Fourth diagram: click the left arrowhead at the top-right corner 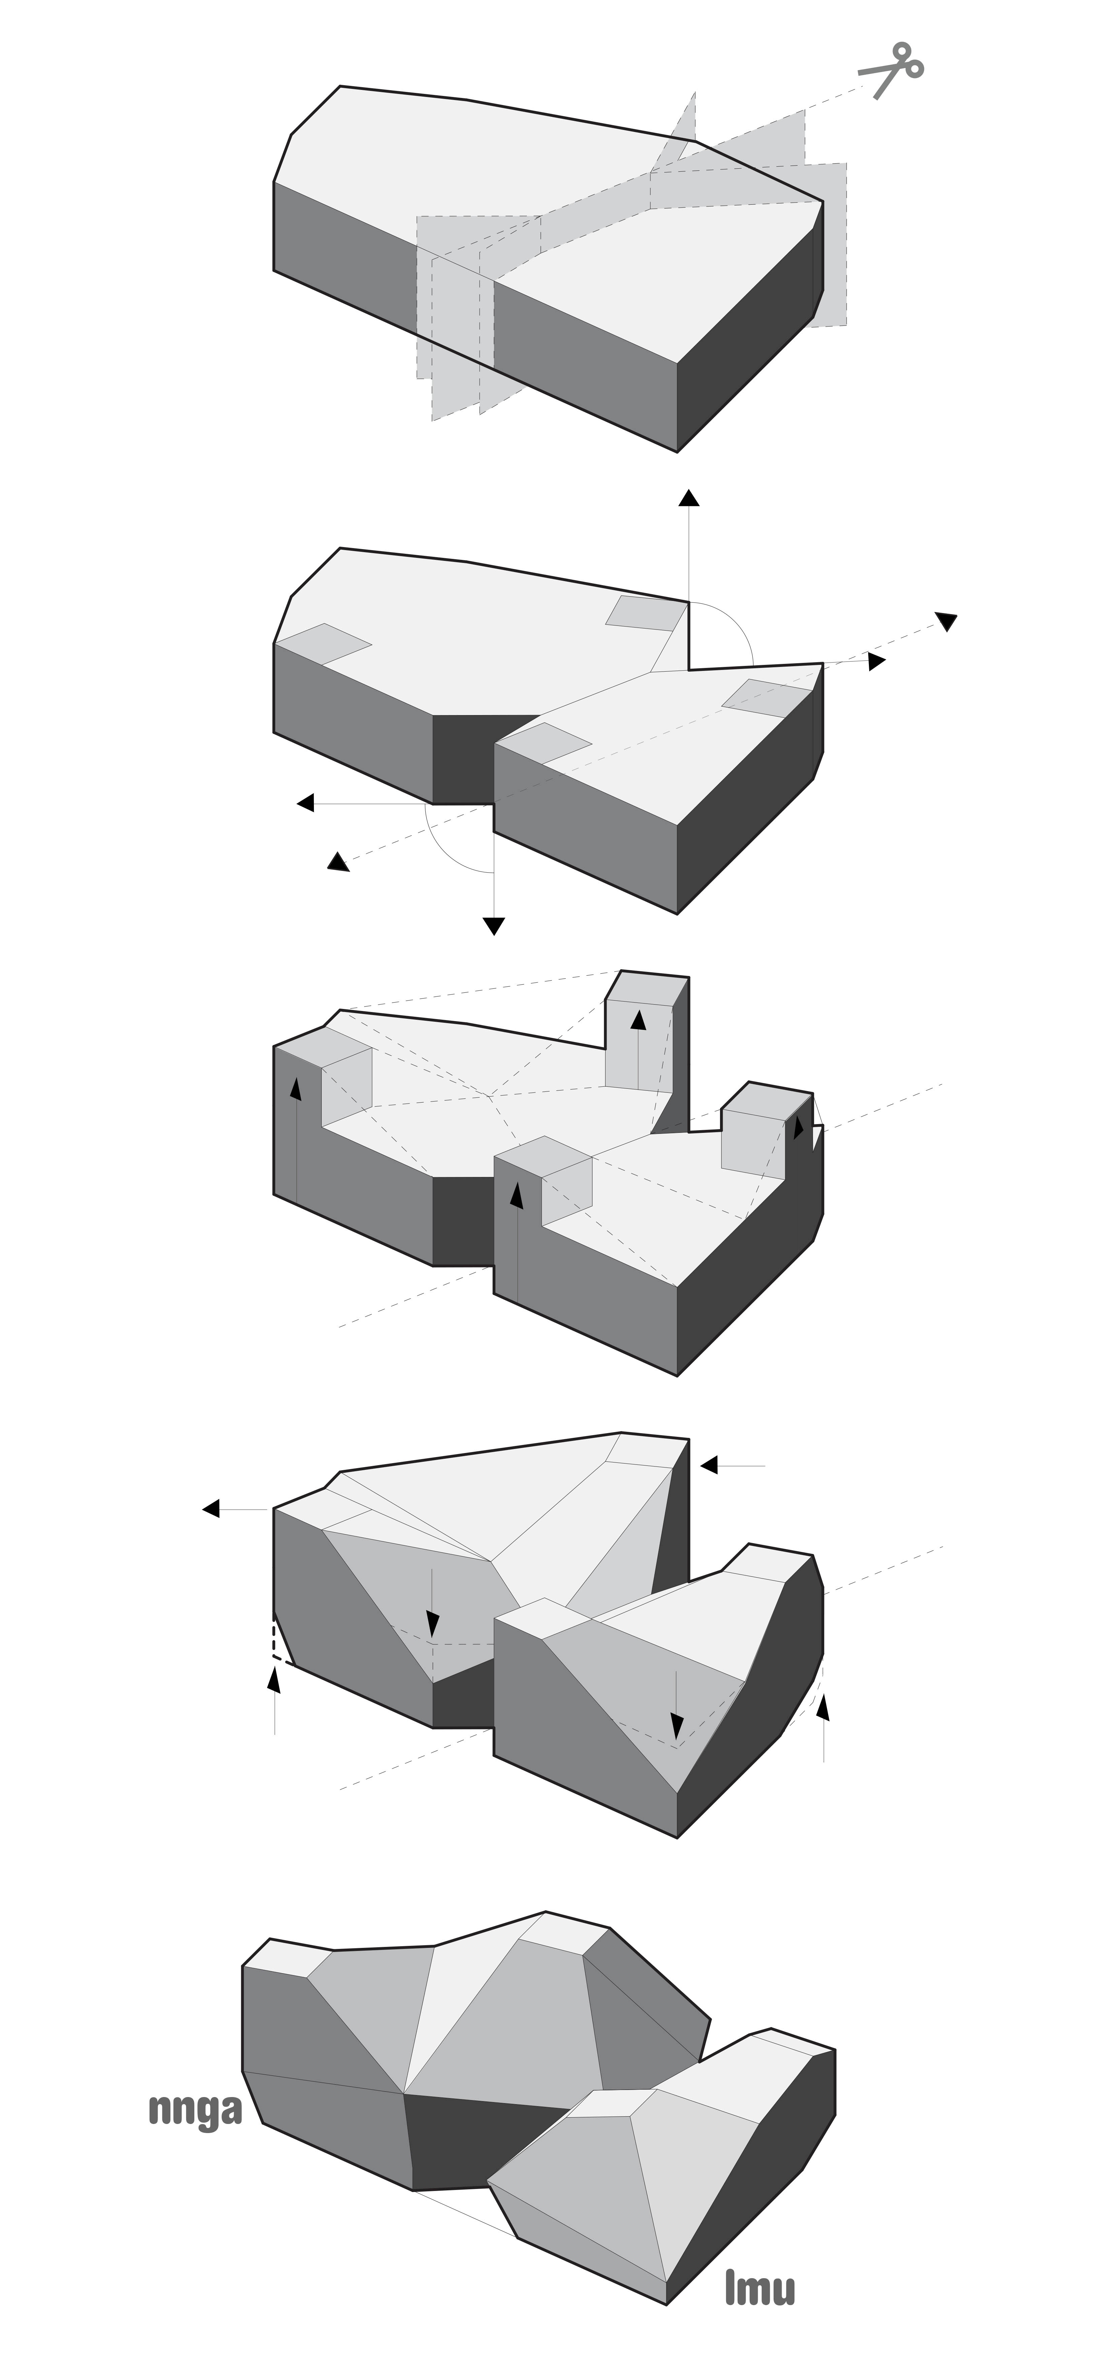(709, 1465)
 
